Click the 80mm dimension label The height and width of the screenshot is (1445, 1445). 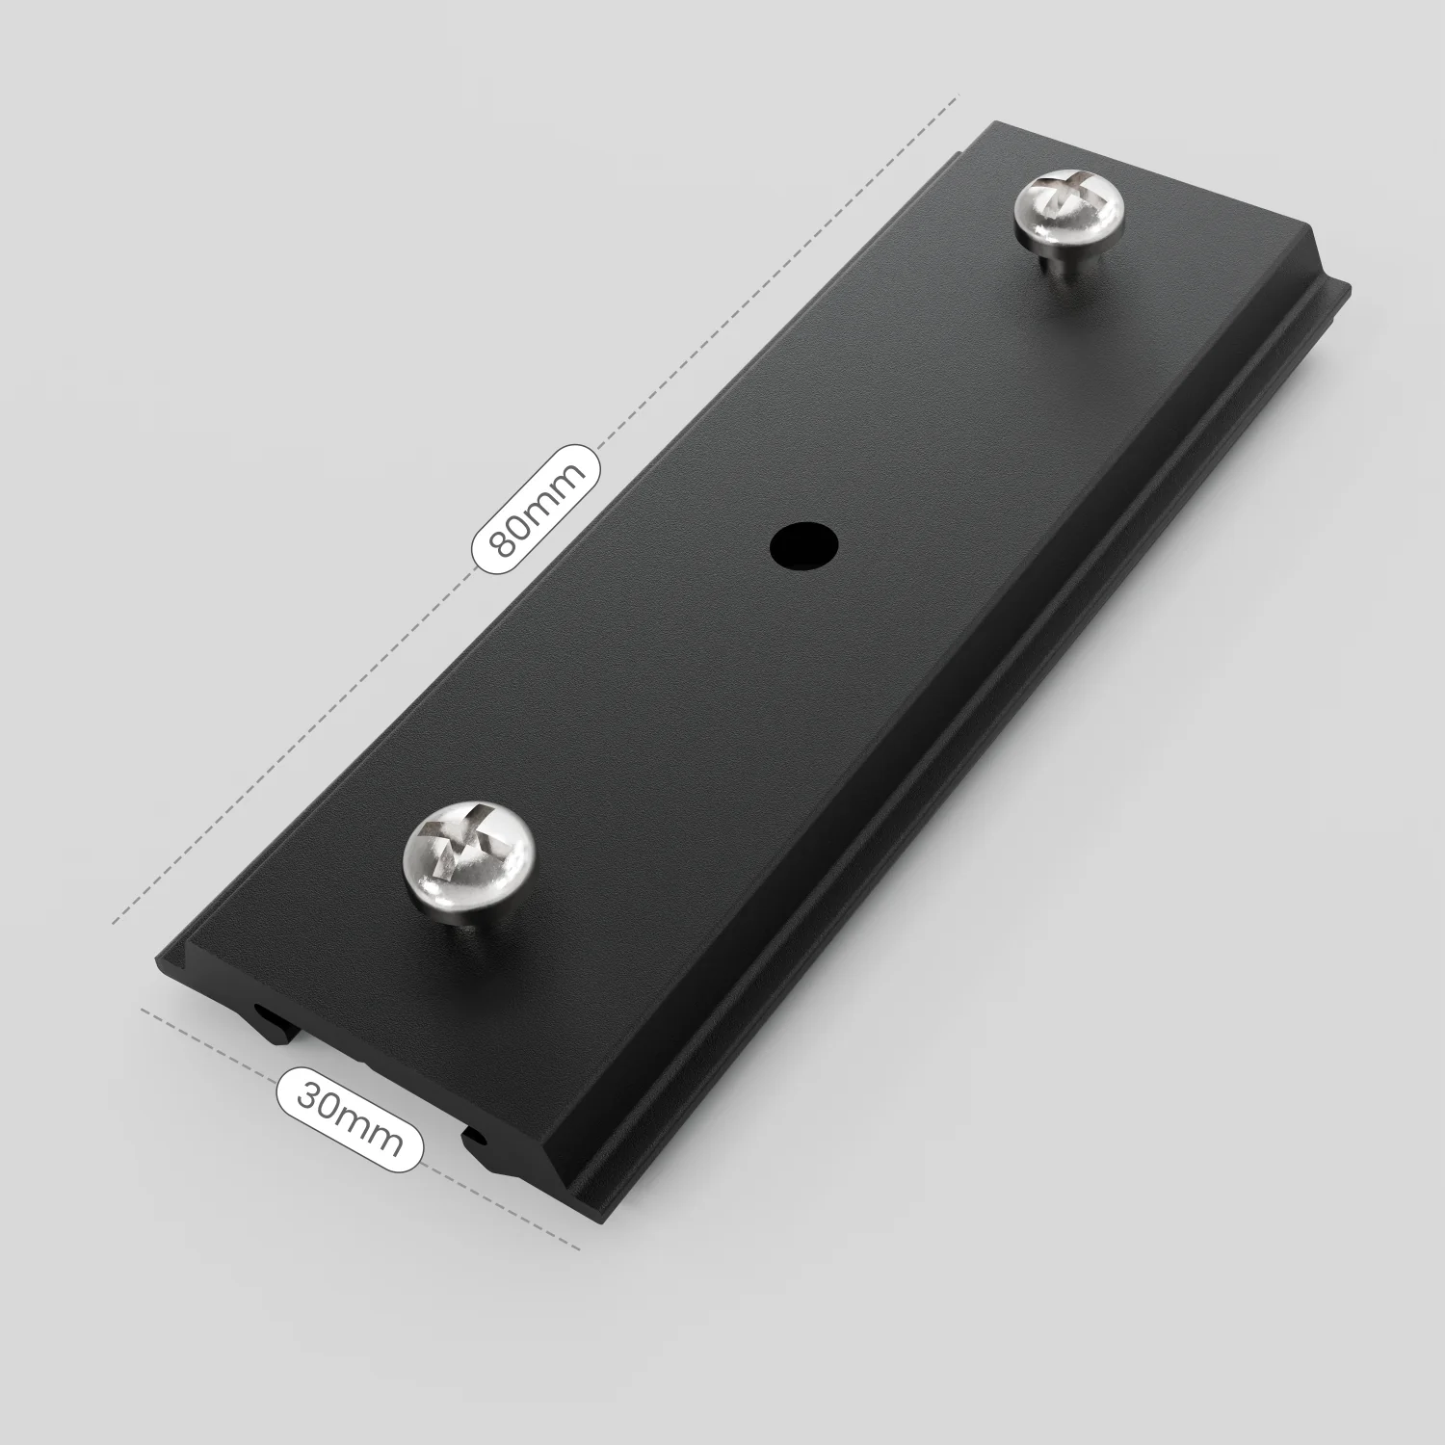[536, 511]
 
